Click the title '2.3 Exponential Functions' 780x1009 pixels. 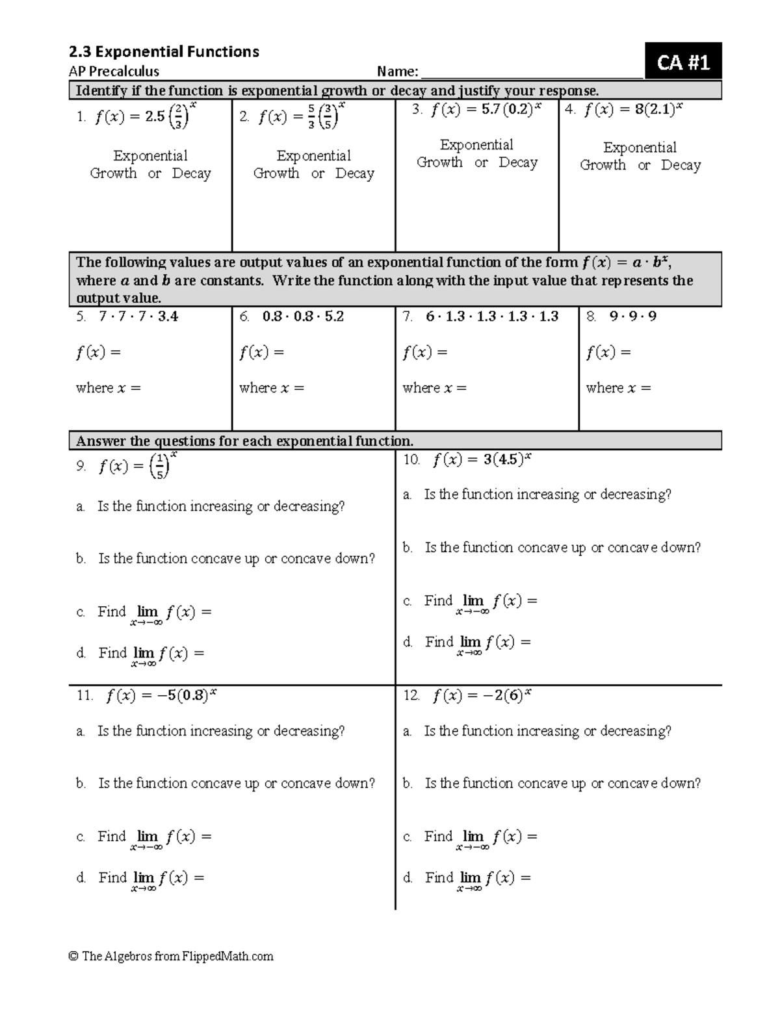point(164,51)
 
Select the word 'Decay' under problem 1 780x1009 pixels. point(191,173)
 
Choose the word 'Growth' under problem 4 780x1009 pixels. point(603,165)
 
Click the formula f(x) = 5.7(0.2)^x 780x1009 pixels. point(484,109)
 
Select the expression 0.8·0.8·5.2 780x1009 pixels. point(303,316)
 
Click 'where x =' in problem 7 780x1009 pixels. point(434,388)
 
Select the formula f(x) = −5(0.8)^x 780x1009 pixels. point(161,696)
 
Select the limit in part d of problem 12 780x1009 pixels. point(478,879)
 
